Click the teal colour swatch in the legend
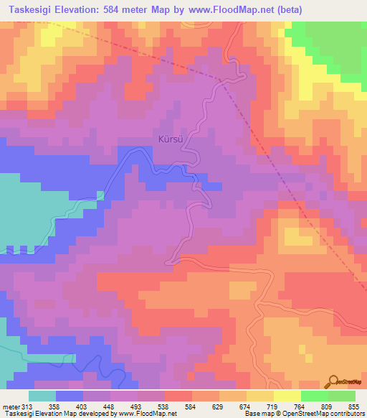pos(42,396)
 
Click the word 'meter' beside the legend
pos(11,405)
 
